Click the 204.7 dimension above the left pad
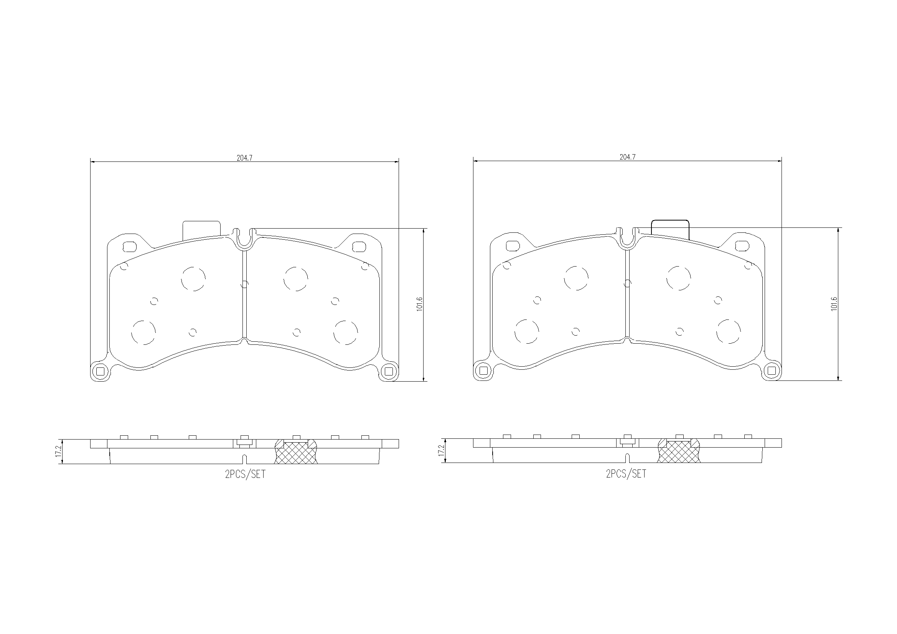244,158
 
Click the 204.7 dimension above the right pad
627,157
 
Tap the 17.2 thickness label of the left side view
58,451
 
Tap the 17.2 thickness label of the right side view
441,450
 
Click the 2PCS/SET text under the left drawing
245,474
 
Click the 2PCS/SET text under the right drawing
626,473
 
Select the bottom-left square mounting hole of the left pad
101,372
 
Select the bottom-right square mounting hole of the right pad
772,371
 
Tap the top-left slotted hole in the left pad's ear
129,247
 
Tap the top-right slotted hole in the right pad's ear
741,246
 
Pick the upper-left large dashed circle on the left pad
193,279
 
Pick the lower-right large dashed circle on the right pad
729,332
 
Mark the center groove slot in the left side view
244,459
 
